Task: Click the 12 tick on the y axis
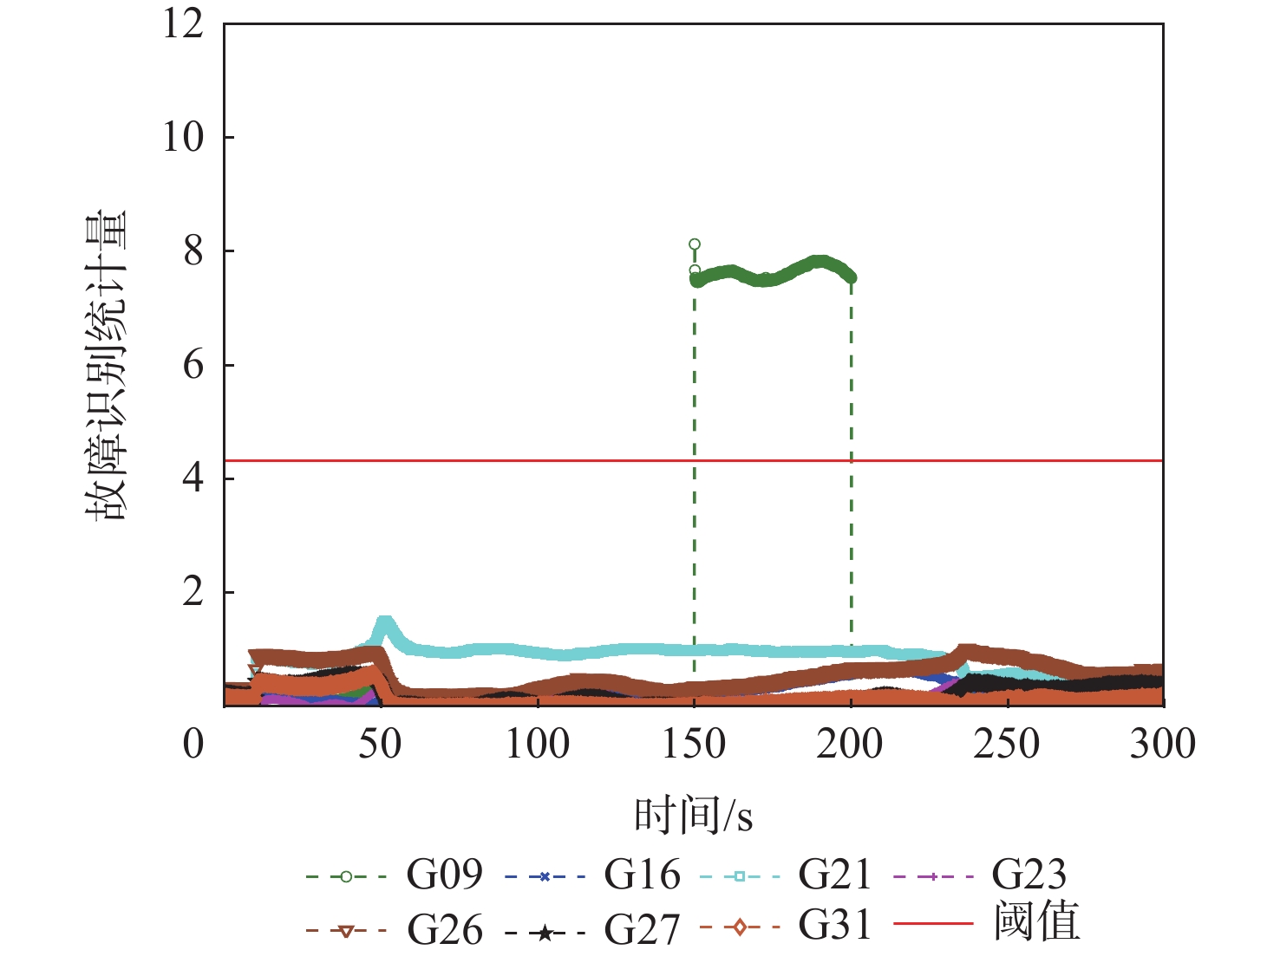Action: pos(184,23)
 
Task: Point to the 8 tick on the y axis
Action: pos(193,251)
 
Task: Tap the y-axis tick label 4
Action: pos(193,478)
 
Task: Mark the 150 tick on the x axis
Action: pos(694,744)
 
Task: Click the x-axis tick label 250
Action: pos(1006,744)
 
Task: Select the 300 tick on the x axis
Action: pos(1162,744)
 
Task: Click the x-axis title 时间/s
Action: pos(693,816)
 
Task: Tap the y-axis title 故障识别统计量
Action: pos(107,365)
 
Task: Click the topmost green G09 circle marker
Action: pos(695,244)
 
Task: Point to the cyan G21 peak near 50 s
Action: pos(384,622)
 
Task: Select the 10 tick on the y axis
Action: pos(184,137)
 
